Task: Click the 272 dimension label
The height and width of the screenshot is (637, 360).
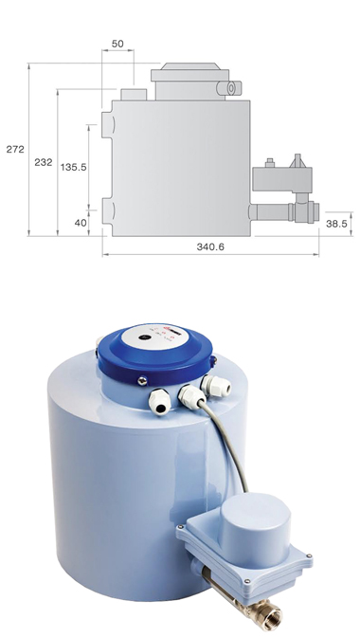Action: pos(15,149)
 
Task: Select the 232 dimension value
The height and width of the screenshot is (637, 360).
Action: pos(44,162)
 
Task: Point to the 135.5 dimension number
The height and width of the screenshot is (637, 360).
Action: pos(74,167)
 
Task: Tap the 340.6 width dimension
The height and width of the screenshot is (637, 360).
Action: pos(210,246)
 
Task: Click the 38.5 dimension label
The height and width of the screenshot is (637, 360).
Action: pos(337,224)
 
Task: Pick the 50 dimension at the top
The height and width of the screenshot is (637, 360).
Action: pos(117,44)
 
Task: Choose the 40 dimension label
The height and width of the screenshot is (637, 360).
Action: pos(81,223)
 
